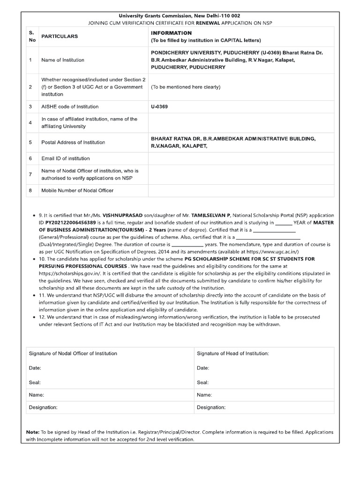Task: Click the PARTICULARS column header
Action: pyautogui.click(x=60, y=37)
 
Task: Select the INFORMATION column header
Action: pyautogui.click(x=171, y=33)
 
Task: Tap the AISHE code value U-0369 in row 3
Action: pyautogui.click(x=159, y=107)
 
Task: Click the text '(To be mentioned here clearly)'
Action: pyautogui.click(x=185, y=87)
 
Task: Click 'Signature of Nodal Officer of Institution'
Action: pyautogui.click(x=73, y=353)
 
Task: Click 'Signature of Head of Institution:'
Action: pyautogui.click(x=233, y=353)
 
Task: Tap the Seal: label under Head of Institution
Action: pyautogui.click(x=203, y=382)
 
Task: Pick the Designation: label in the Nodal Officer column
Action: pyautogui.click(x=43, y=408)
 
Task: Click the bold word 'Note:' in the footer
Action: pyautogui.click(x=33, y=432)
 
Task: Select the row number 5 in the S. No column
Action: pyautogui.click(x=30, y=142)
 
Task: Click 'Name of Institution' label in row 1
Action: pyautogui.click(x=63, y=60)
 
